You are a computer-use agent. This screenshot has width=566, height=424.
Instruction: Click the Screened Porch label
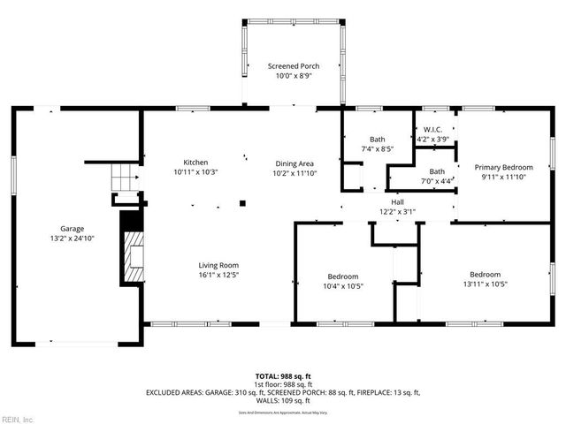(x=294, y=66)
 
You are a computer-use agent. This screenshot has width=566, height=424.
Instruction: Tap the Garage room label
(x=73, y=228)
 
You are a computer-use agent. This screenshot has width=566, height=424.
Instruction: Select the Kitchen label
(x=195, y=163)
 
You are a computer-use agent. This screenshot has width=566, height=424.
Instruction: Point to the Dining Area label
(x=294, y=163)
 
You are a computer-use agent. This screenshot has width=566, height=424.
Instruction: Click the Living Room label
(x=218, y=265)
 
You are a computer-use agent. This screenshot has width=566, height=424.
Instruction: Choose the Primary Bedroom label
(x=503, y=167)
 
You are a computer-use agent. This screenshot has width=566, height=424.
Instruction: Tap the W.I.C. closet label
(x=433, y=130)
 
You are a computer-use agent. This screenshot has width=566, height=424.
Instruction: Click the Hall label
(x=398, y=202)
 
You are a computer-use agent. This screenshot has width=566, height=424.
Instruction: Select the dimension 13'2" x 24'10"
(x=73, y=238)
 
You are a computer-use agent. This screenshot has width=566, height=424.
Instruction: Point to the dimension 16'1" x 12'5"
(x=218, y=275)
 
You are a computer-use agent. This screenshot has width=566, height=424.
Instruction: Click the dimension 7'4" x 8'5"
(x=378, y=148)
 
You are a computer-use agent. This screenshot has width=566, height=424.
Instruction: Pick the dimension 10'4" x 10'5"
(x=341, y=285)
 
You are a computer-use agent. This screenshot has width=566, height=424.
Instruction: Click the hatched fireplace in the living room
(x=132, y=256)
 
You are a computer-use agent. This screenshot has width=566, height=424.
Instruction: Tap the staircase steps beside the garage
(x=125, y=181)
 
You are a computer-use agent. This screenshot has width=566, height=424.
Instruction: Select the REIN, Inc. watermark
(x=18, y=419)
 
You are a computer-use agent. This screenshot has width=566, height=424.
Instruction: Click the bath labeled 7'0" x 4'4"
(x=437, y=176)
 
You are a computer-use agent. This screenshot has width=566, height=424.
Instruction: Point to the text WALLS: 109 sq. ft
(x=283, y=400)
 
